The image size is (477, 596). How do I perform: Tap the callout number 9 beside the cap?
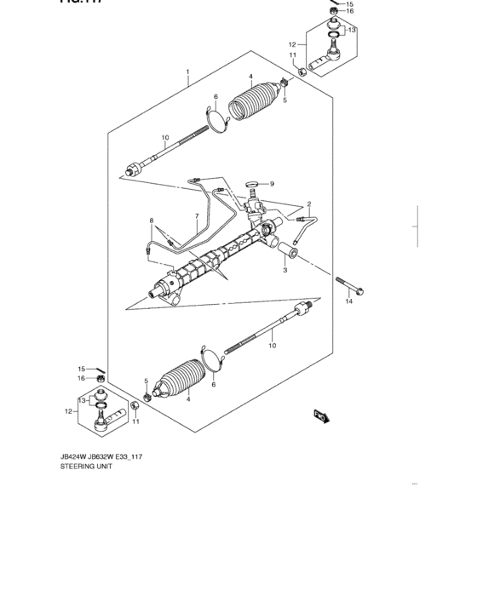click(x=272, y=184)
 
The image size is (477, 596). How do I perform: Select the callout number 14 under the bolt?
click(x=348, y=301)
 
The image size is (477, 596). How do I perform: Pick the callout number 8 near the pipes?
click(x=152, y=221)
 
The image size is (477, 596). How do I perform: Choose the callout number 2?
click(x=309, y=204)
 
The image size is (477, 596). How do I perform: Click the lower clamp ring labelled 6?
click(x=211, y=358)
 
